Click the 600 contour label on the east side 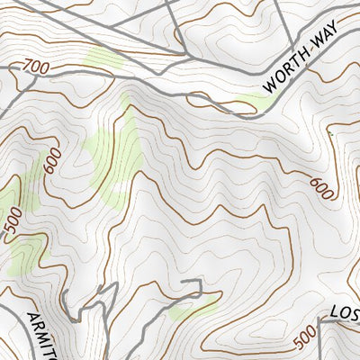[321, 187]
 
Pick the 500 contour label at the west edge [13, 224]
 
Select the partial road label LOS [344, 314]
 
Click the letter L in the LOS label [334, 317]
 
